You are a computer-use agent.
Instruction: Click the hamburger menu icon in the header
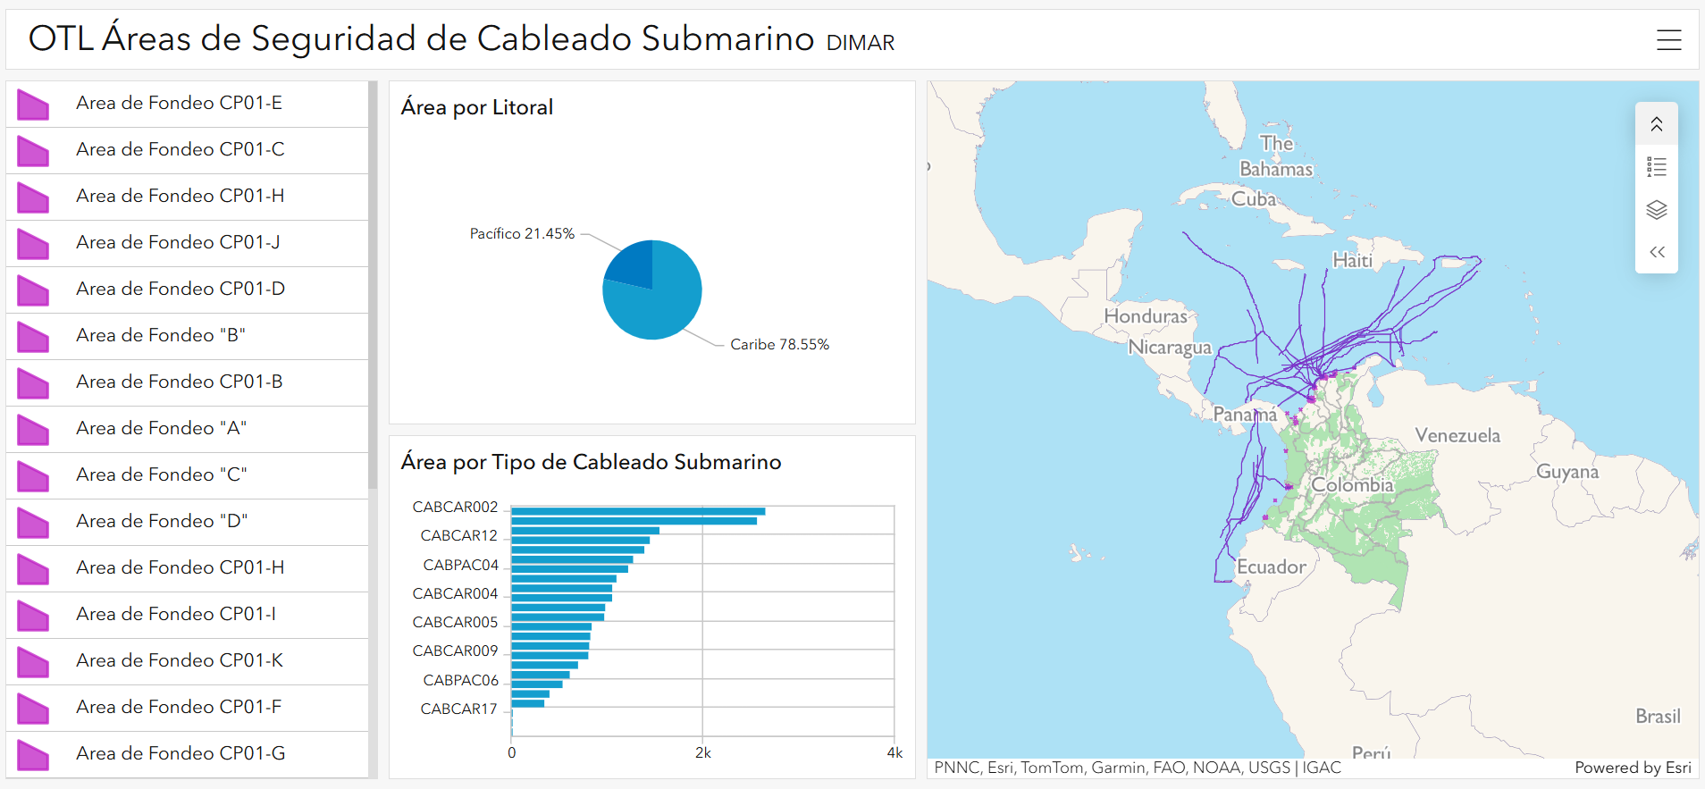click(1668, 39)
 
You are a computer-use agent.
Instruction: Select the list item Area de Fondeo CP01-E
click(179, 103)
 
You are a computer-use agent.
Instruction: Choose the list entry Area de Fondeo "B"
click(161, 335)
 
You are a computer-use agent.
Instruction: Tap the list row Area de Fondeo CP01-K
click(180, 660)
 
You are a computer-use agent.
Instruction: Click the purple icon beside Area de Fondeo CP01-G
click(33, 754)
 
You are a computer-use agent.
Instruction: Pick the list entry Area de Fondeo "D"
click(162, 521)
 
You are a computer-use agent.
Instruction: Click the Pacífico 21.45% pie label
click(522, 233)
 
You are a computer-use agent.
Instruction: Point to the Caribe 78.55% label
click(779, 344)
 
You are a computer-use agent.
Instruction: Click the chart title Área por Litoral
click(476, 107)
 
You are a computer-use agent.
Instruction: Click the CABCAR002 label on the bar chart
click(455, 507)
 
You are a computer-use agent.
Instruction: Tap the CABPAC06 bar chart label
click(460, 680)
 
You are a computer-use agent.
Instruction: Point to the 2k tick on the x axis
click(703, 752)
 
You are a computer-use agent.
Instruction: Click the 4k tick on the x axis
click(894, 752)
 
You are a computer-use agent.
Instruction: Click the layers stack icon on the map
click(1656, 210)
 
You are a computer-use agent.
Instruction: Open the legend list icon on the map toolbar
click(1656, 167)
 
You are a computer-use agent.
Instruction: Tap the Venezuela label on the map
click(1457, 435)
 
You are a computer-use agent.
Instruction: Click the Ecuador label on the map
click(1271, 567)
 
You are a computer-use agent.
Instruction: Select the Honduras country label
click(1145, 315)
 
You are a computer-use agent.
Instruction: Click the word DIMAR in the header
click(860, 42)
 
